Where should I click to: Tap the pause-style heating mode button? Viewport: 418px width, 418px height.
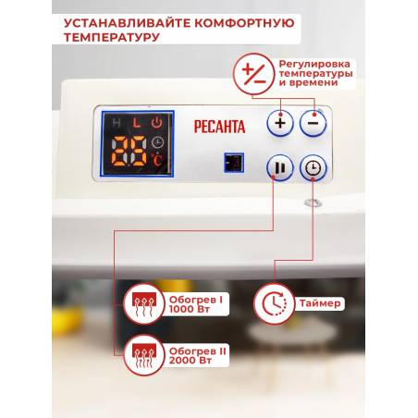point(280,168)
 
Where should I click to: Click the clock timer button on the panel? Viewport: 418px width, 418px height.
point(313,168)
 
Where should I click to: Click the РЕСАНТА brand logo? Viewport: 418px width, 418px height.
point(219,127)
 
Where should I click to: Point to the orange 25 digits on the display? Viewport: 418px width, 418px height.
point(129,151)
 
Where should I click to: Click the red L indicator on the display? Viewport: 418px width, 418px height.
point(137,123)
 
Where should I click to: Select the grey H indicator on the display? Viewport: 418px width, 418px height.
point(117,123)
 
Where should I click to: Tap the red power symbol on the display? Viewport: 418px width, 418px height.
point(157,123)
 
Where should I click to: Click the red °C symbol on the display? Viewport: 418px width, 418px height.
point(157,160)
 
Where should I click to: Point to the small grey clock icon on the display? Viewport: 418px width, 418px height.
point(157,141)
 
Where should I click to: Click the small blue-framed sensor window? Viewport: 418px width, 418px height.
point(234,163)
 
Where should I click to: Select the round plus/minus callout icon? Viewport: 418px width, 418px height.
point(254,74)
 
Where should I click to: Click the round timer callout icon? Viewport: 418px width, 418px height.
point(274,304)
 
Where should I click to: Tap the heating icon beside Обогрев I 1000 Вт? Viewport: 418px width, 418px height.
point(144,304)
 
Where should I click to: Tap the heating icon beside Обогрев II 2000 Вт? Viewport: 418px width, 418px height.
point(144,355)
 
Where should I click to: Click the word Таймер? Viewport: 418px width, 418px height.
point(320,303)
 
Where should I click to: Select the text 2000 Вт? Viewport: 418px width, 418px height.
point(191,361)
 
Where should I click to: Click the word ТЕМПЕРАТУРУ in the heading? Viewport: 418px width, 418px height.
point(112,37)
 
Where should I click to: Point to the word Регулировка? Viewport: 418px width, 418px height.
point(314,65)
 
